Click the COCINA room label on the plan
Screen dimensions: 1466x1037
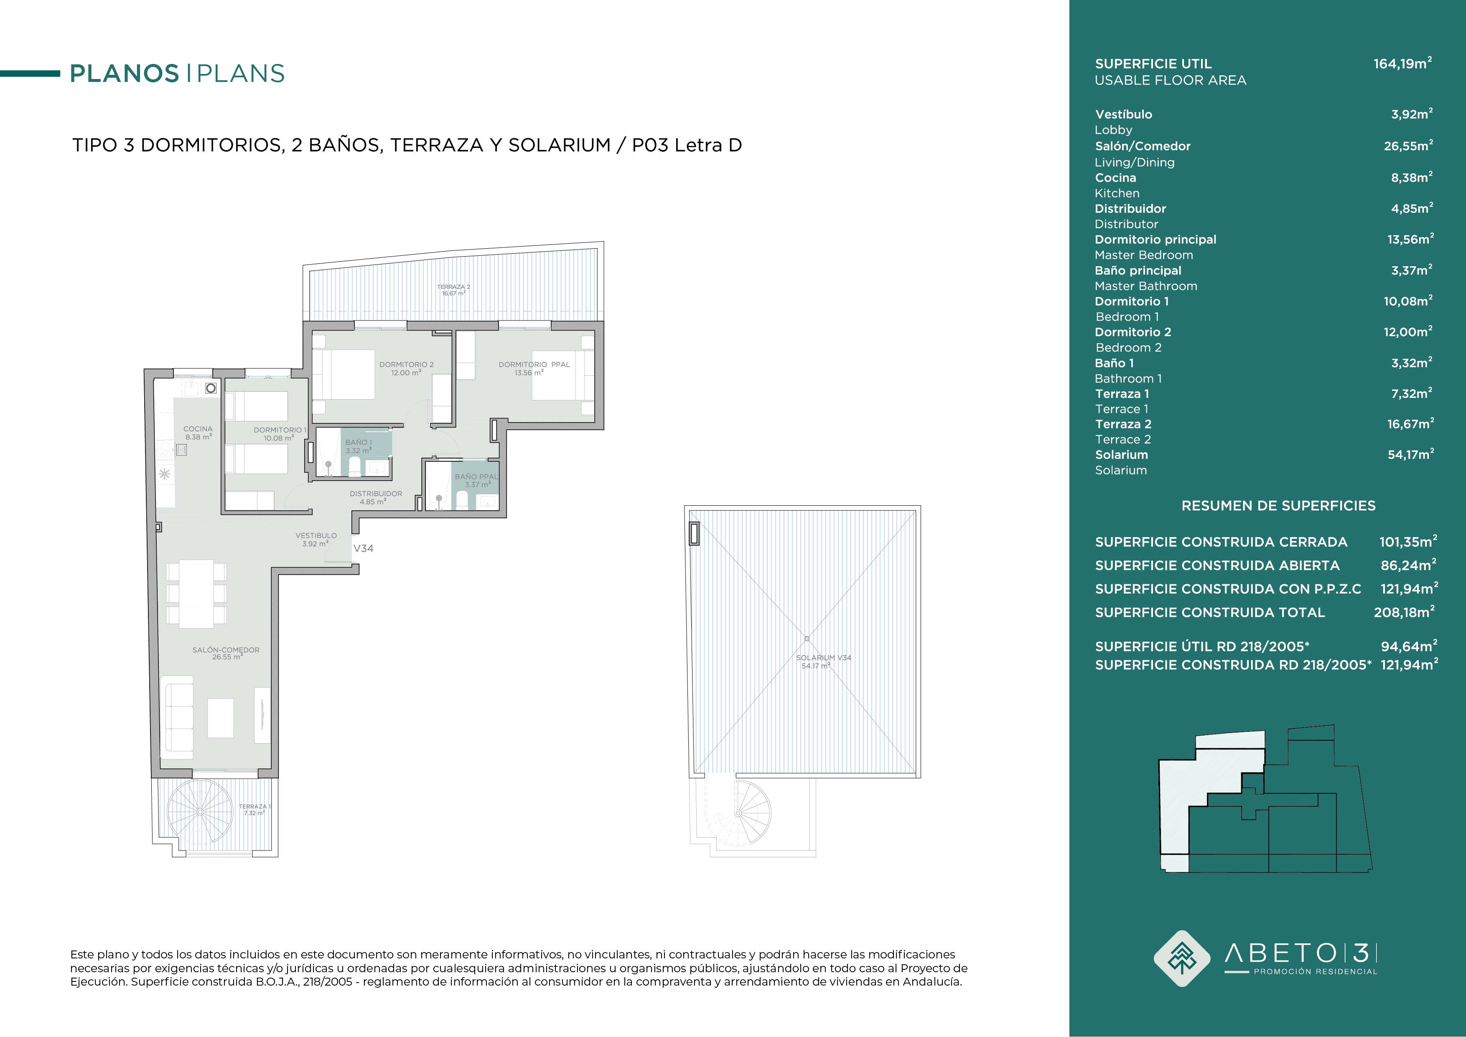pyautogui.click(x=198, y=429)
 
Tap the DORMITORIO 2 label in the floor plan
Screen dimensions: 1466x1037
pyautogui.click(x=406, y=364)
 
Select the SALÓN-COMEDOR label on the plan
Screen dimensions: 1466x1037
pyautogui.click(x=226, y=650)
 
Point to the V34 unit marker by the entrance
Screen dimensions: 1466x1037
pyautogui.click(x=363, y=548)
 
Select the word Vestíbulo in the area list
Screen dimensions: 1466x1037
pyautogui.click(x=1124, y=114)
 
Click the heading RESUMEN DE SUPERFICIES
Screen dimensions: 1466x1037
pyautogui.click(x=1278, y=506)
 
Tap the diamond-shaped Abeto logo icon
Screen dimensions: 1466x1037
pyautogui.click(x=1182, y=958)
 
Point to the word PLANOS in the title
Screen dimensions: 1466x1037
pyautogui.click(x=125, y=74)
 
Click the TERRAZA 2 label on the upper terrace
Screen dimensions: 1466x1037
pyautogui.click(x=453, y=287)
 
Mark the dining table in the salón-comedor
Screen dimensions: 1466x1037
pyautogui.click(x=196, y=594)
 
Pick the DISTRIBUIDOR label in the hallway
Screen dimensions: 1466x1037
pyautogui.click(x=376, y=494)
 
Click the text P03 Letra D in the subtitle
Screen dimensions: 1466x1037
pyautogui.click(x=687, y=145)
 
